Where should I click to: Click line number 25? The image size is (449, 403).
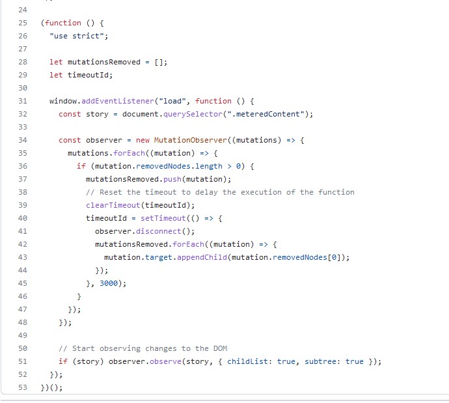coord(23,23)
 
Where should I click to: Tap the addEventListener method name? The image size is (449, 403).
coord(115,101)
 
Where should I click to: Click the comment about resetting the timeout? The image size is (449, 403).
coord(220,192)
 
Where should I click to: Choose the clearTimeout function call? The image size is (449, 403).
coord(111,205)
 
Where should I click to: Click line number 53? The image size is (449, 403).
coord(23,387)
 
